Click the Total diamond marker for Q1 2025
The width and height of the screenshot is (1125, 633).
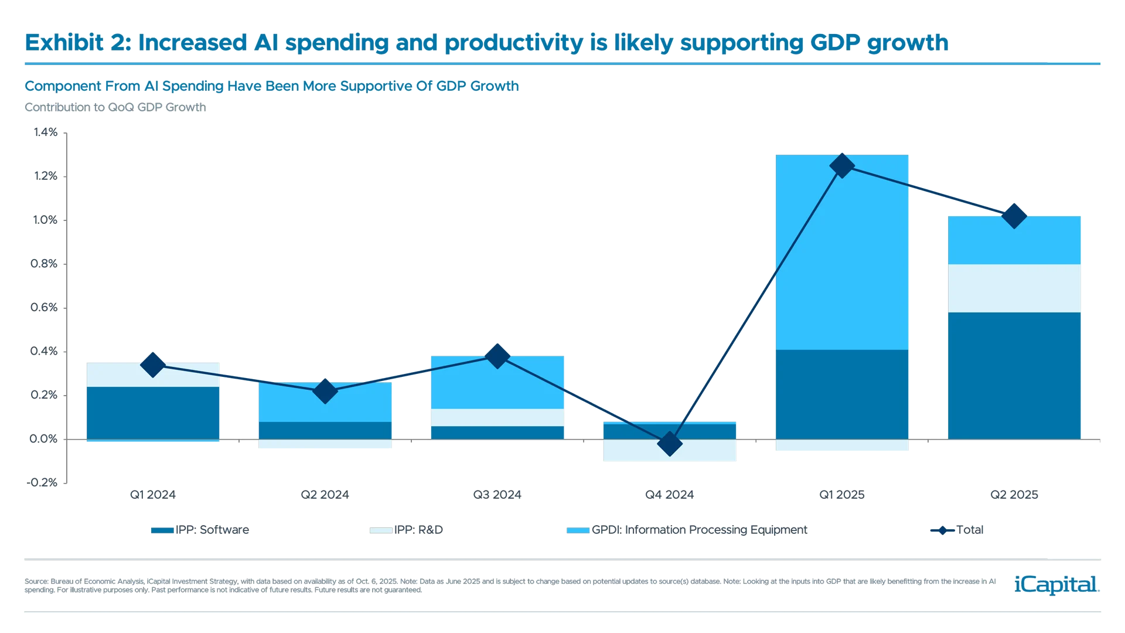click(x=841, y=165)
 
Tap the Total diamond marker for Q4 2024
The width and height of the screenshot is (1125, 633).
click(x=669, y=444)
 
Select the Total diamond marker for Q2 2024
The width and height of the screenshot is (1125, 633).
click(x=325, y=391)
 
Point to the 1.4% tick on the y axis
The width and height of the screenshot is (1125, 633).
click(x=45, y=132)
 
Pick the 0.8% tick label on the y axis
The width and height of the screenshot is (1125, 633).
click(x=45, y=264)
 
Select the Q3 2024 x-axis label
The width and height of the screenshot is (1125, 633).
click(x=497, y=495)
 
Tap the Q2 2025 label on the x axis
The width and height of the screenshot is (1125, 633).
click(x=1014, y=495)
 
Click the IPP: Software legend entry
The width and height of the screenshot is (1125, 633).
click(x=200, y=530)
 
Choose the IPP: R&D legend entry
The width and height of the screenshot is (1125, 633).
click(x=405, y=530)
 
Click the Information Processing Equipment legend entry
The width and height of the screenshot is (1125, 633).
click(x=687, y=530)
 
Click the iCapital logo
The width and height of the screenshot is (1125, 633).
click(x=1055, y=584)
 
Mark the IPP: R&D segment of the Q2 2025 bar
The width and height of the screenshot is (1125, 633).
click(x=1014, y=288)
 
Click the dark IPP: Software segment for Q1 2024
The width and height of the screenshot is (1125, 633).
click(x=152, y=413)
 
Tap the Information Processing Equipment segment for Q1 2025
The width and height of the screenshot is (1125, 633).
click(x=841, y=252)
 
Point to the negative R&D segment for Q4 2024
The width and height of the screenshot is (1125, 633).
click(x=669, y=451)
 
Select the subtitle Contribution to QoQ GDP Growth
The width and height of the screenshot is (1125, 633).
click(x=115, y=107)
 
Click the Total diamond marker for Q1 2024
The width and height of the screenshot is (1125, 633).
click(x=152, y=365)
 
